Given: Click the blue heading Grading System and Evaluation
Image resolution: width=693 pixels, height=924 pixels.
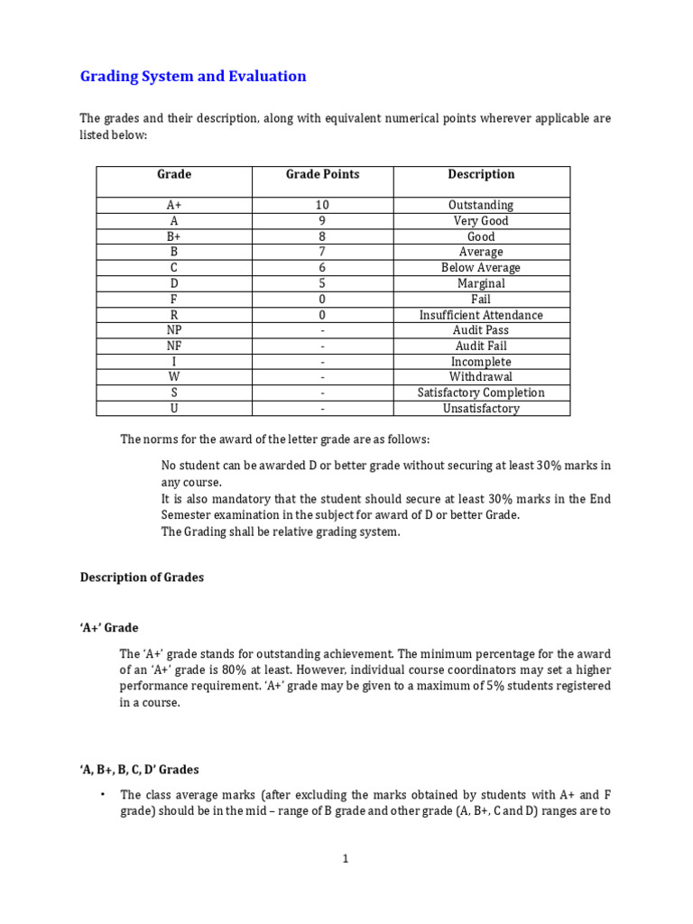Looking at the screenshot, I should (193, 77).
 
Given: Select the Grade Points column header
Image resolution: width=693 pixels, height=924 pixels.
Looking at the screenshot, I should (322, 174).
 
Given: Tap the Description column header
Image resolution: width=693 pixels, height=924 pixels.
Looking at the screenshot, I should (481, 174).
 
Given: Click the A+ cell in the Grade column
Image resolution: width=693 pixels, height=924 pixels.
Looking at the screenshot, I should (174, 206).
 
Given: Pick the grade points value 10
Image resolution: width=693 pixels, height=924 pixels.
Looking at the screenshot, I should (322, 206).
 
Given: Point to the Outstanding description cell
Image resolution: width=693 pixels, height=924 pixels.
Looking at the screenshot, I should (481, 206).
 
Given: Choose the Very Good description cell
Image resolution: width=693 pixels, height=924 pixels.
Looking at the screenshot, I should (481, 221).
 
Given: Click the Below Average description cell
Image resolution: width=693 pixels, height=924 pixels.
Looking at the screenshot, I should (481, 268).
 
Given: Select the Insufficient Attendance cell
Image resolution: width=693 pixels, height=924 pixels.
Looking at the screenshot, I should (481, 315).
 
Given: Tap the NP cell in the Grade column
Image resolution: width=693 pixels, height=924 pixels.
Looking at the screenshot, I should (174, 330).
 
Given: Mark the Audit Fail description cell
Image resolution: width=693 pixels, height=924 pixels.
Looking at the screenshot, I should (481, 346).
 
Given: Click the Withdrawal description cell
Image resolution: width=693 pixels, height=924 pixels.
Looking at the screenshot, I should (481, 377).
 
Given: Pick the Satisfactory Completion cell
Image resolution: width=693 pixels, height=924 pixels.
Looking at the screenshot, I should (481, 393).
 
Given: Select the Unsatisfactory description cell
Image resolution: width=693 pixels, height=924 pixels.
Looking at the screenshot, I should (481, 409).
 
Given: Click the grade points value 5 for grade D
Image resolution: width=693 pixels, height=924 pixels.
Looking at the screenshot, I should (322, 283).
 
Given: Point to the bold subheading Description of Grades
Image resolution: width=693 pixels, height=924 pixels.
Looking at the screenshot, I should (142, 577).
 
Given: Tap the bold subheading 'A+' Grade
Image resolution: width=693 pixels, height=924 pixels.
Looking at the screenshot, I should (109, 627).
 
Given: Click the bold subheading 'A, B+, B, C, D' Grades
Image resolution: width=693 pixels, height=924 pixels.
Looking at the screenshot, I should (139, 770).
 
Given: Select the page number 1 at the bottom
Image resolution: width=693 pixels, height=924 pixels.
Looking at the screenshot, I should (345, 859).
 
